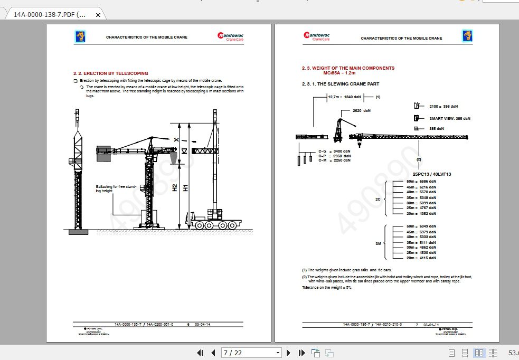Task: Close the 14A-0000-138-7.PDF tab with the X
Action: click(x=98, y=15)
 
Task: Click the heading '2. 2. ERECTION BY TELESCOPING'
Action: click(x=110, y=73)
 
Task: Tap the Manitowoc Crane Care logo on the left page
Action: click(x=230, y=36)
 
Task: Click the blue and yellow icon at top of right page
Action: click(x=467, y=36)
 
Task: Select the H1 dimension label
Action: click(x=185, y=187)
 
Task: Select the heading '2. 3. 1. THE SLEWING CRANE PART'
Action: click(x=340, y=84)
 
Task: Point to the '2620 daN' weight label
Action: click(x=362, y=111)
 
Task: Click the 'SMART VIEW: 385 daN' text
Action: click(x=449, y=118)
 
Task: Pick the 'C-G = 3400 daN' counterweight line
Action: click(x=334, y=151)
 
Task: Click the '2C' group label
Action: click(x=378, y=200)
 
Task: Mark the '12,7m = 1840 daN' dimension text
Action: click(x=344, y=97)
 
